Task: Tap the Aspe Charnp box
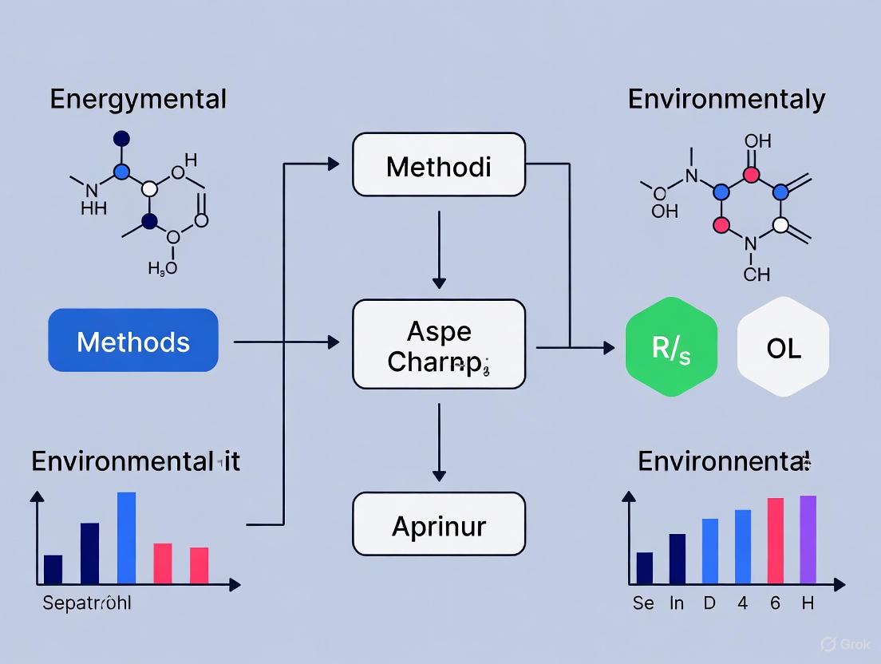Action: [439, 345]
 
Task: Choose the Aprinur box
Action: [439, 524]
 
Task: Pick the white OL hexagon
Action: [783, 347]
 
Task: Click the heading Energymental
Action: [138, 100]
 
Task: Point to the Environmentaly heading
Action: [726, 100]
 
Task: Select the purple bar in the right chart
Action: [808, 539]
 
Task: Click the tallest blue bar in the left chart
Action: [126, 537]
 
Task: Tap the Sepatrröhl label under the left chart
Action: [86, 603]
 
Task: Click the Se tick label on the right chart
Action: [643, 603]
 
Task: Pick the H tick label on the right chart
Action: [808, 603]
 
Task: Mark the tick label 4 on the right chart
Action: [742, 603]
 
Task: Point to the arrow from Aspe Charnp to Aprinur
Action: [439, 443]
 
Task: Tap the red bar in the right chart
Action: [775, 540]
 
